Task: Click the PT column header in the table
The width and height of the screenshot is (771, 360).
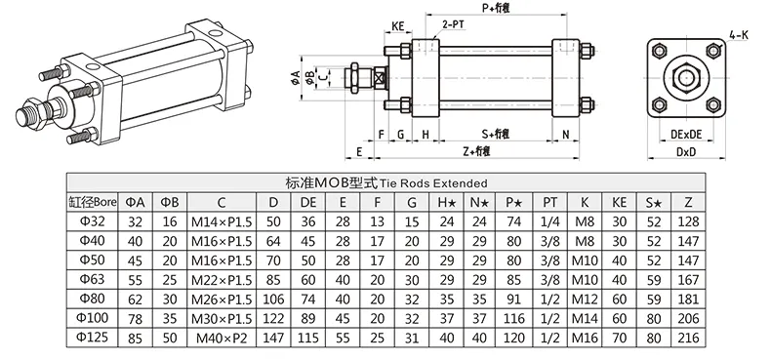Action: [549, 202]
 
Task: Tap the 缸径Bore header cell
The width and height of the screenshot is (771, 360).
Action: [94, 202]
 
